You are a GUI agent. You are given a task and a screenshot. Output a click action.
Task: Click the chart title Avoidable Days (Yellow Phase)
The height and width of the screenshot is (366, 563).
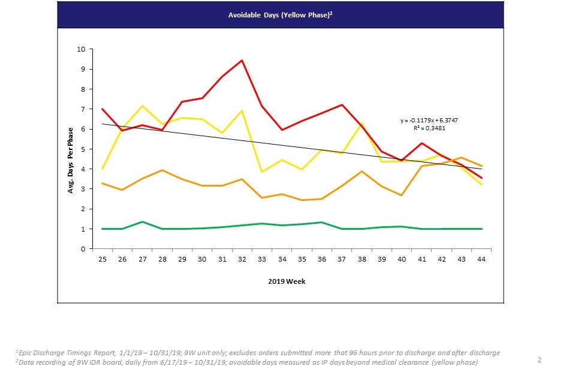click(281, 15)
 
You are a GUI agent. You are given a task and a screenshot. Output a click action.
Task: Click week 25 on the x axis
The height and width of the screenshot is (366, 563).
click(103, 259)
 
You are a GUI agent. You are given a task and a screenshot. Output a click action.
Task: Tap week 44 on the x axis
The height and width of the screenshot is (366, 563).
click(481, 259)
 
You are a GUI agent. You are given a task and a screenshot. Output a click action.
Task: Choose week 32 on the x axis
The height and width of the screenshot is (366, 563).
click(242, 259)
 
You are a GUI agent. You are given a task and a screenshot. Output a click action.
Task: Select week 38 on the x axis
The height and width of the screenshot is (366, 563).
click(362, 259)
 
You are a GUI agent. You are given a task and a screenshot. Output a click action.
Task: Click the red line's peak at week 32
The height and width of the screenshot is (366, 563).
click(242, 60)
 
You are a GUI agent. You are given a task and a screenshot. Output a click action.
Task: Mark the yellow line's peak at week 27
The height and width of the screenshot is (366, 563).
click(142, 106)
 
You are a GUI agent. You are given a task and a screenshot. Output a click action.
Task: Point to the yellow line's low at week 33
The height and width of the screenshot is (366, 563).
click(261, 172)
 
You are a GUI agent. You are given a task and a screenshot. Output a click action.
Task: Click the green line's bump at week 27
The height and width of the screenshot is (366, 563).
click(142, 221)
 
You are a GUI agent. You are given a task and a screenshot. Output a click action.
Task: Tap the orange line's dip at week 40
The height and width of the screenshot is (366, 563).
click(401, 195)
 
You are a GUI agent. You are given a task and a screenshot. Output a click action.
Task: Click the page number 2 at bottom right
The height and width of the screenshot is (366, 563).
click(540, 360)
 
